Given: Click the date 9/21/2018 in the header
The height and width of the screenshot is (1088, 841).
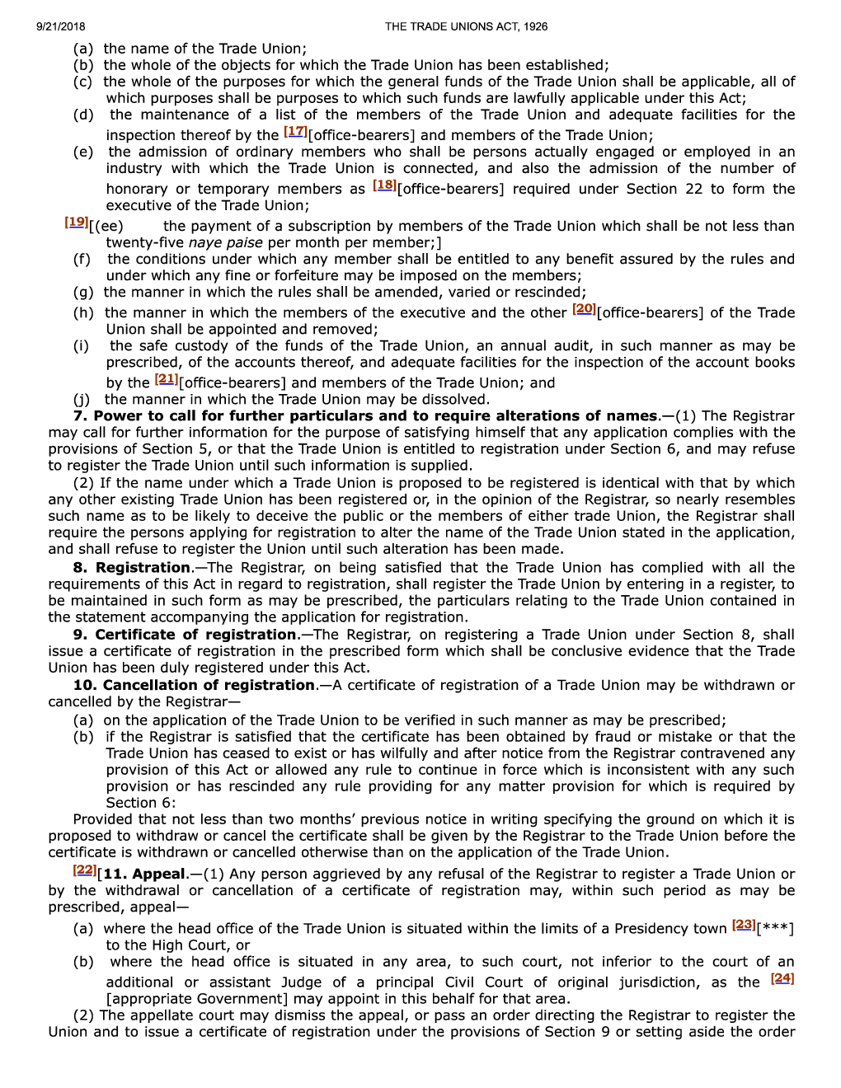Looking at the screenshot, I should pyautogui.click(x=60, y=26).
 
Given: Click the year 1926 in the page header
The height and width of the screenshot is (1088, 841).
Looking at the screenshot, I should pyautogui.click(x=534, y=26).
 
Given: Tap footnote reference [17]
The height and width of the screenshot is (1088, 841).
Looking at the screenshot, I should pyautogui.click(x=295, y=131).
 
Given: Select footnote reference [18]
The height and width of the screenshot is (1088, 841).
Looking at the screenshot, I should pyautogui.click(x=384, y=185).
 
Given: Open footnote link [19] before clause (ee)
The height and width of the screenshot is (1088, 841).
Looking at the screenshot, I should pyautogui.click(x=77, y=222).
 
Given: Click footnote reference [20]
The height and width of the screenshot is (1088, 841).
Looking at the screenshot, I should pyautogui.click(x=584, y=308).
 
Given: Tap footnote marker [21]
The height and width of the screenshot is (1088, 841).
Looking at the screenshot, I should pyautogui.click(x=166, y=378).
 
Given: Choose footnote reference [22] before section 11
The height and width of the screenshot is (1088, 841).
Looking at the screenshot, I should pyautogui.click(x=85, y=870).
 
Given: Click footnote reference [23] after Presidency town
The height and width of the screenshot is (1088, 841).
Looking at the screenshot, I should pyautogui.click(x=744, y=924).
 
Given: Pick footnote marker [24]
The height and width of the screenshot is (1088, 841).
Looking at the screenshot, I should pyautogui.click(x=782, y=978).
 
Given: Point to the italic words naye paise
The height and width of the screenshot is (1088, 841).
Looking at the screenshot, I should pyautogui.click(x=225, y=242).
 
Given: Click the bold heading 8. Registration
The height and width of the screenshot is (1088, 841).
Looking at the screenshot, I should pyautogui.click(x=132, y=567).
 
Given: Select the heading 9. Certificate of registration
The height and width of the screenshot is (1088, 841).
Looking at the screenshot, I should pyautogui.click(x=185, y=634).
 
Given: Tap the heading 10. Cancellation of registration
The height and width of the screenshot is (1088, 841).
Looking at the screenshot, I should pyautogui.click(x=194, y=685).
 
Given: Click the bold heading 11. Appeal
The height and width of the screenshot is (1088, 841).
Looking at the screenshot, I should pyautogui.click(x=144, y=874).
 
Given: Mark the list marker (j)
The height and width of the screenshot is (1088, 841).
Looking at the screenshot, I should pyautogui.click(x=82, y=399).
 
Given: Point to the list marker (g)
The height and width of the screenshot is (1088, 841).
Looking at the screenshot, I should pyautogui.click(x=83, y=292).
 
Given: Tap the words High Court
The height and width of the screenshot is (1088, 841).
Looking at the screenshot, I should pyautogui.click(x=185, y=945).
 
